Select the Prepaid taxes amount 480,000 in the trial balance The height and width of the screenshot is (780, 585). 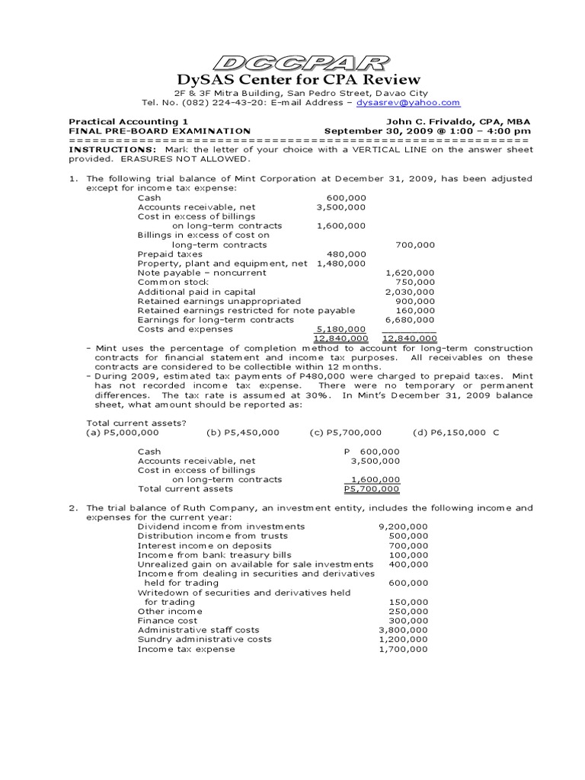(x=347, y=254)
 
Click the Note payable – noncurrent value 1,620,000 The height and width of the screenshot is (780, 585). (x=410, y=273)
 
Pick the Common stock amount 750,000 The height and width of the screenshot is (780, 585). (x=415, y=282)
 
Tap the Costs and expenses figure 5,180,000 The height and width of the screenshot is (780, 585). (x=341, y=329)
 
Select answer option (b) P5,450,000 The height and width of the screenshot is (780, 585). (x=243, y=433)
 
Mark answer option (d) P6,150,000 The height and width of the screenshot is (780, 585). (x=449, y=433)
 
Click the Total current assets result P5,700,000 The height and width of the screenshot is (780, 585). (x=372, y=489)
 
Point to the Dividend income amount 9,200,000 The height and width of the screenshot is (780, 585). (x=403, y=526)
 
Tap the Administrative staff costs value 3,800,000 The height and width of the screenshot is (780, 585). (x=403, y=630)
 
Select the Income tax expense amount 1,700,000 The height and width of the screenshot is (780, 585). (x=403, y=649)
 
